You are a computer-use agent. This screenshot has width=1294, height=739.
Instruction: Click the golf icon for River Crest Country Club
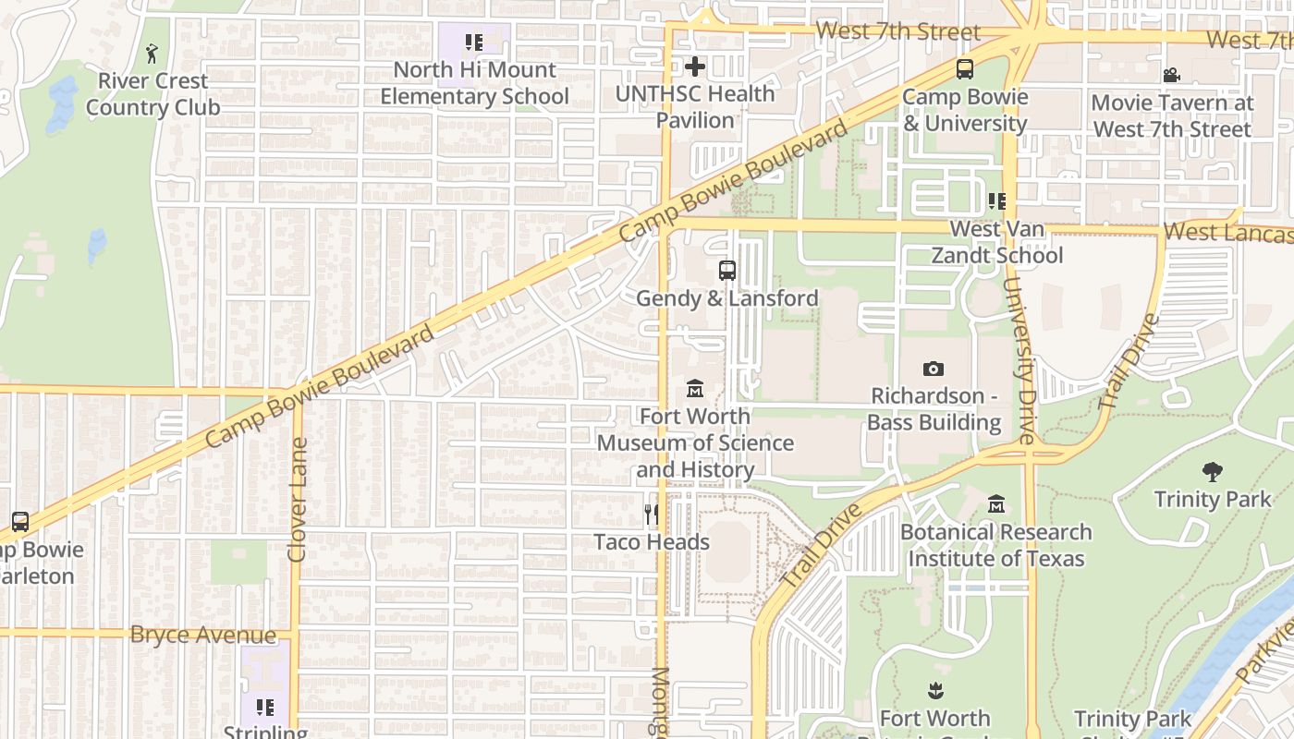click(153, 54)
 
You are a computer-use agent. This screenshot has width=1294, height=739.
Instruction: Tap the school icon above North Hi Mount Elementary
click(474, 42)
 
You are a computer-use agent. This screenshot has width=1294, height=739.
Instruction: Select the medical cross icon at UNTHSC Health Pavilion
click(695, 67)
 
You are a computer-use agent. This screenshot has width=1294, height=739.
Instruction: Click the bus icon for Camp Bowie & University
click(965, 69)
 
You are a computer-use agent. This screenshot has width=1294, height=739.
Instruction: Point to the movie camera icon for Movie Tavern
click(1172, 75)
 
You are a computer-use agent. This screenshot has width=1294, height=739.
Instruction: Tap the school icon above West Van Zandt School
click(996, 201)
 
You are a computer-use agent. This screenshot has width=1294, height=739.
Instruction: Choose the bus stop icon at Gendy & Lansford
click(727, 271)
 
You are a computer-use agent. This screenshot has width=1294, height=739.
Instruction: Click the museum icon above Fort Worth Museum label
click(695, 389)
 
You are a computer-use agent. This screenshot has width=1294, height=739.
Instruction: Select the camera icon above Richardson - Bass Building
click(934, 369)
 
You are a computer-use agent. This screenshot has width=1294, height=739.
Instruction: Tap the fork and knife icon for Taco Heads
click(653, 515)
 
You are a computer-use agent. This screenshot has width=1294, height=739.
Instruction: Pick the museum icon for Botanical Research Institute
click(996, 505)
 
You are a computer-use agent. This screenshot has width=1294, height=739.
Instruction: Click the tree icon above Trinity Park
click(1213, 472)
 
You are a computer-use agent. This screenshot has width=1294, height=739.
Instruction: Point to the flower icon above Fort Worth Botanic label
click(935, 691)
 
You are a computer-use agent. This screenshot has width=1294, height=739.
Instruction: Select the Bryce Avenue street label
click(203, 636)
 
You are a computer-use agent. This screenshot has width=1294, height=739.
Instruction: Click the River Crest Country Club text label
click(153, 94)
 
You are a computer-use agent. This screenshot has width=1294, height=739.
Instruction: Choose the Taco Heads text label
click(652, 542)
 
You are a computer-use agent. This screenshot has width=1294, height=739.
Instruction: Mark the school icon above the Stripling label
click(265, 708)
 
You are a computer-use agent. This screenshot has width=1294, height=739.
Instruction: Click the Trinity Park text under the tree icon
click(1213, 500)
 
